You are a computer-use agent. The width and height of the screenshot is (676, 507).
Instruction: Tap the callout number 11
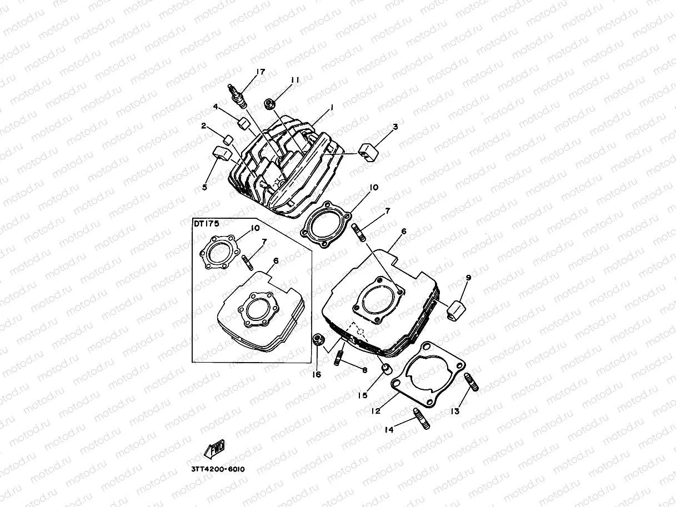294,80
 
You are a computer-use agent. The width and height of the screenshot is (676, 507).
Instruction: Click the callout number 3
394,127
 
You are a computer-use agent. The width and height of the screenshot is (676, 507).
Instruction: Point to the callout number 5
204,188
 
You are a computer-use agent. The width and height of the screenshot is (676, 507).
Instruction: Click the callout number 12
375,411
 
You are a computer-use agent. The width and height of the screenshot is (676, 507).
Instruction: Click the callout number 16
316,374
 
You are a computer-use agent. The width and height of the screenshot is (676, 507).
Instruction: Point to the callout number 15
362,395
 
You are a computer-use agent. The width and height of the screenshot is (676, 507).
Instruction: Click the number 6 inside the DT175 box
276,260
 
